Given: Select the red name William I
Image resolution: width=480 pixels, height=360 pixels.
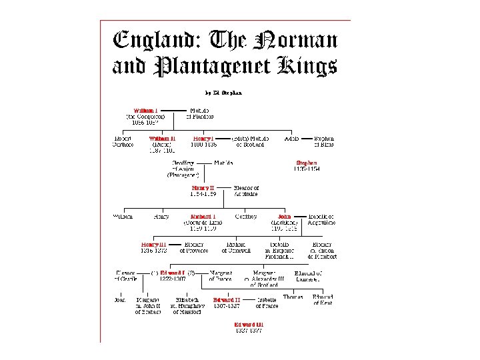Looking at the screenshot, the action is (145, 110).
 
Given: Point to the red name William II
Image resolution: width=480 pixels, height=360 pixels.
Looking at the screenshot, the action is (162, 139).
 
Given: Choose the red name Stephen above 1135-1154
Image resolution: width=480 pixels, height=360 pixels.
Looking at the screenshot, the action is (307, 163).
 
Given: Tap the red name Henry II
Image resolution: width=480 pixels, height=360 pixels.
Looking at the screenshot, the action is (203, 188).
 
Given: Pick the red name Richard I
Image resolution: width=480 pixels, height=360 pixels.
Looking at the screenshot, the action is (202, 217).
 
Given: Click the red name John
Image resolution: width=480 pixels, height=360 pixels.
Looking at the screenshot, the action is (284, 217).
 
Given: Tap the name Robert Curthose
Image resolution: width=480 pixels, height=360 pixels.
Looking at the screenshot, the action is (123, 141).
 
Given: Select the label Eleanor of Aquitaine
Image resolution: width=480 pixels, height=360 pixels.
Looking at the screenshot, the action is (246, 191).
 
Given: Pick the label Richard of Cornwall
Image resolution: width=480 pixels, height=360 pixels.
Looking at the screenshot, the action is (239, 247).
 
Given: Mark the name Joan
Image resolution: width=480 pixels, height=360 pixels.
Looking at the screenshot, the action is (120, 300).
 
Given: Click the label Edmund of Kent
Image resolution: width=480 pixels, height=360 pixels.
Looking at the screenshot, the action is (323, 299).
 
